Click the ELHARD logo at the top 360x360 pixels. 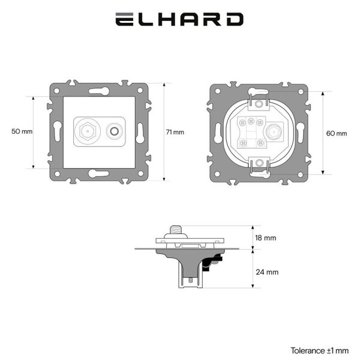coord(179,19)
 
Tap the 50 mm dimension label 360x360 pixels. coord(22,131)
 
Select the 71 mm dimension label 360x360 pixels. coord(175,132)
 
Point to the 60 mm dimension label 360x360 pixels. coord(337,133)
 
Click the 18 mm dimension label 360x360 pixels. coord(266,238)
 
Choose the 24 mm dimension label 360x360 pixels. coord(267,272)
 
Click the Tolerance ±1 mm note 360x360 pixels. coord(320,350)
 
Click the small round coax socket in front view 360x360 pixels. coord(115,131)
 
